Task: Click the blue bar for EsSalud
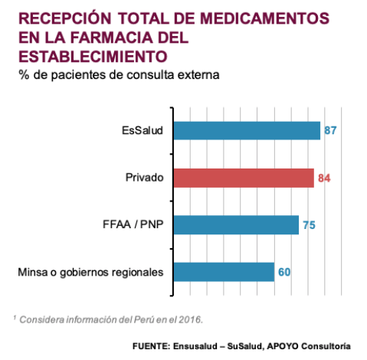click(247, 130)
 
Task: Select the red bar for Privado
click(244, 178)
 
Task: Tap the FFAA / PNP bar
click(236, 224)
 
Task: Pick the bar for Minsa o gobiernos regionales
click(224, 272)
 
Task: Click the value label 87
click(330, 130)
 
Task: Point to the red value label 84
click(324, 178)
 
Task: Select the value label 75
click(309, 225)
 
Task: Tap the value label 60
click(284, 272)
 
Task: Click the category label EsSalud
click(143, 130)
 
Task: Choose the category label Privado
click(144, 178)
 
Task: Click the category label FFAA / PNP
click(133, 224)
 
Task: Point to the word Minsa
click(33, 272)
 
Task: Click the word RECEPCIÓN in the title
click(65, 18)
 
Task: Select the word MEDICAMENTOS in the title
click(264, 18)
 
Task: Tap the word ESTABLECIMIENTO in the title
click(93, 57)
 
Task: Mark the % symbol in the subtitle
click(24, 75)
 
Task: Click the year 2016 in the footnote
click(190, 319)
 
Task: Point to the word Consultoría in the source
click(326, 346)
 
